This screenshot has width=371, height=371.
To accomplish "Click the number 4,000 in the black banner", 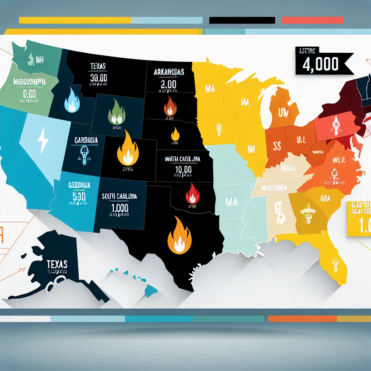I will point(321,64).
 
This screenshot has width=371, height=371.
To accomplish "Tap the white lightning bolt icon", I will point(43,139).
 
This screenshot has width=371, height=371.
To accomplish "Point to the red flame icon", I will point(192,193).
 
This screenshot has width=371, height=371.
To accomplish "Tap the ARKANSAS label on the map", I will point(169,72).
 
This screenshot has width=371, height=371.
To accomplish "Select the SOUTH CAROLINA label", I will point(120,197).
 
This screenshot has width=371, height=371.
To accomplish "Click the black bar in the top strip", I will point(242,20).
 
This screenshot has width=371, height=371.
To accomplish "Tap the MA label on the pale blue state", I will point(231,202).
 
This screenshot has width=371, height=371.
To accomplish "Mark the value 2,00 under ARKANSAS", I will point(168,84).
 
